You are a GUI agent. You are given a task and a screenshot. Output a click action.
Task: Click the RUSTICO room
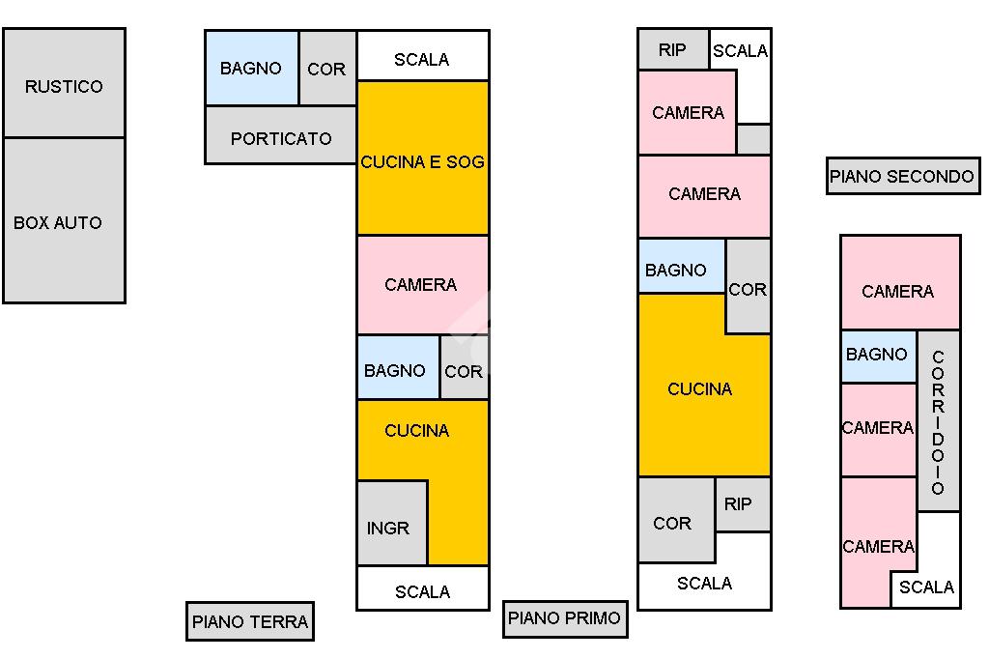pyautogui.click(x=64, y=83)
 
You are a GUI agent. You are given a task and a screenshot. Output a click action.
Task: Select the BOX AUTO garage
pyautogui.click(x=64, y=220)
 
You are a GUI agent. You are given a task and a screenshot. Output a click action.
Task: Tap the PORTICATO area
pyautogui.click(x=281, y=135)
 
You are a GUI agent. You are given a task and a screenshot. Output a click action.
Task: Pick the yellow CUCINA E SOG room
pyautogui.click(x=423, y=158)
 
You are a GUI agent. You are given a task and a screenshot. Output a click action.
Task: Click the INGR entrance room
pyautogui.click(x=392, y=523)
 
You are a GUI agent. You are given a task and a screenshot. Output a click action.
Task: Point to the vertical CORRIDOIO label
pyautogui.click(x=938, y=422)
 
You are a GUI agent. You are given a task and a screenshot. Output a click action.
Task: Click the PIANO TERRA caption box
pyautogui.click(x=250, y=621)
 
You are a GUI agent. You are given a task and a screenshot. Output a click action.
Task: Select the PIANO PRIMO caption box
pyautogui.click(x=565, y=618)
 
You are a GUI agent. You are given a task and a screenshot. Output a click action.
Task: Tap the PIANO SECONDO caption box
pyautogui.click(x=903, y=176)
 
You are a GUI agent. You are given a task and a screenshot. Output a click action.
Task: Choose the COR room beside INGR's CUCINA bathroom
pyautogui.click(x=465, y=367)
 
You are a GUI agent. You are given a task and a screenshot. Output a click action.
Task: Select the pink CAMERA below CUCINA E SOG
pyautogui.click(x=423, y=285)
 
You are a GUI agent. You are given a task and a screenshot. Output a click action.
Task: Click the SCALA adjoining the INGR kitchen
pyautogui.click(x=423, y=588)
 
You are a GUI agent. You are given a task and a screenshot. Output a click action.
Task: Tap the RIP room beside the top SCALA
pyautogui.click(x=673, y=49)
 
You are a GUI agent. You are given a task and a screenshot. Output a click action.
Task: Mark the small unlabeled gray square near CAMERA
pyautogui.click(x=753, y=139)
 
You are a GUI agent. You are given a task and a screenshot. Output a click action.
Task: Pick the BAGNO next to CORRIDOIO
pyautogui.click(x=879, y=357)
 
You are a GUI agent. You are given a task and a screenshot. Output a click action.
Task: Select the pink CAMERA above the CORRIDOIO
pyautogui.click(x=901, y=283)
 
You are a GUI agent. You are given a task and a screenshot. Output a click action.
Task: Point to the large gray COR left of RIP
pyautogui.click(x=676, y=520)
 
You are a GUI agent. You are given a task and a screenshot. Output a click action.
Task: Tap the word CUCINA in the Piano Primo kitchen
pyautogui.click(x=700, y=388)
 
